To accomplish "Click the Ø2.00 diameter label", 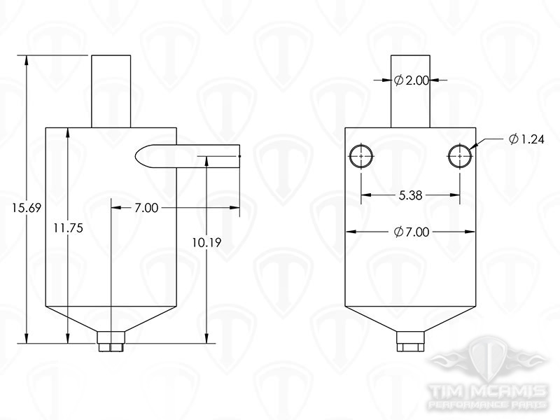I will (412, 81).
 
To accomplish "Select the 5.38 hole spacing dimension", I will (410, 197).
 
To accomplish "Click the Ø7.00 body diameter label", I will (412, 232).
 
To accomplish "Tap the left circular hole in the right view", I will (361, 157).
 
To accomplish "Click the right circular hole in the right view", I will (459, 157).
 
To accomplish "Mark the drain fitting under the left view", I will (111, 343).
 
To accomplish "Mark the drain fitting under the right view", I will (411, 343).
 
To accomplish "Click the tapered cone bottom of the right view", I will (411, 319).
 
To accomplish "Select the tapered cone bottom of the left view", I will (111, 319).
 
